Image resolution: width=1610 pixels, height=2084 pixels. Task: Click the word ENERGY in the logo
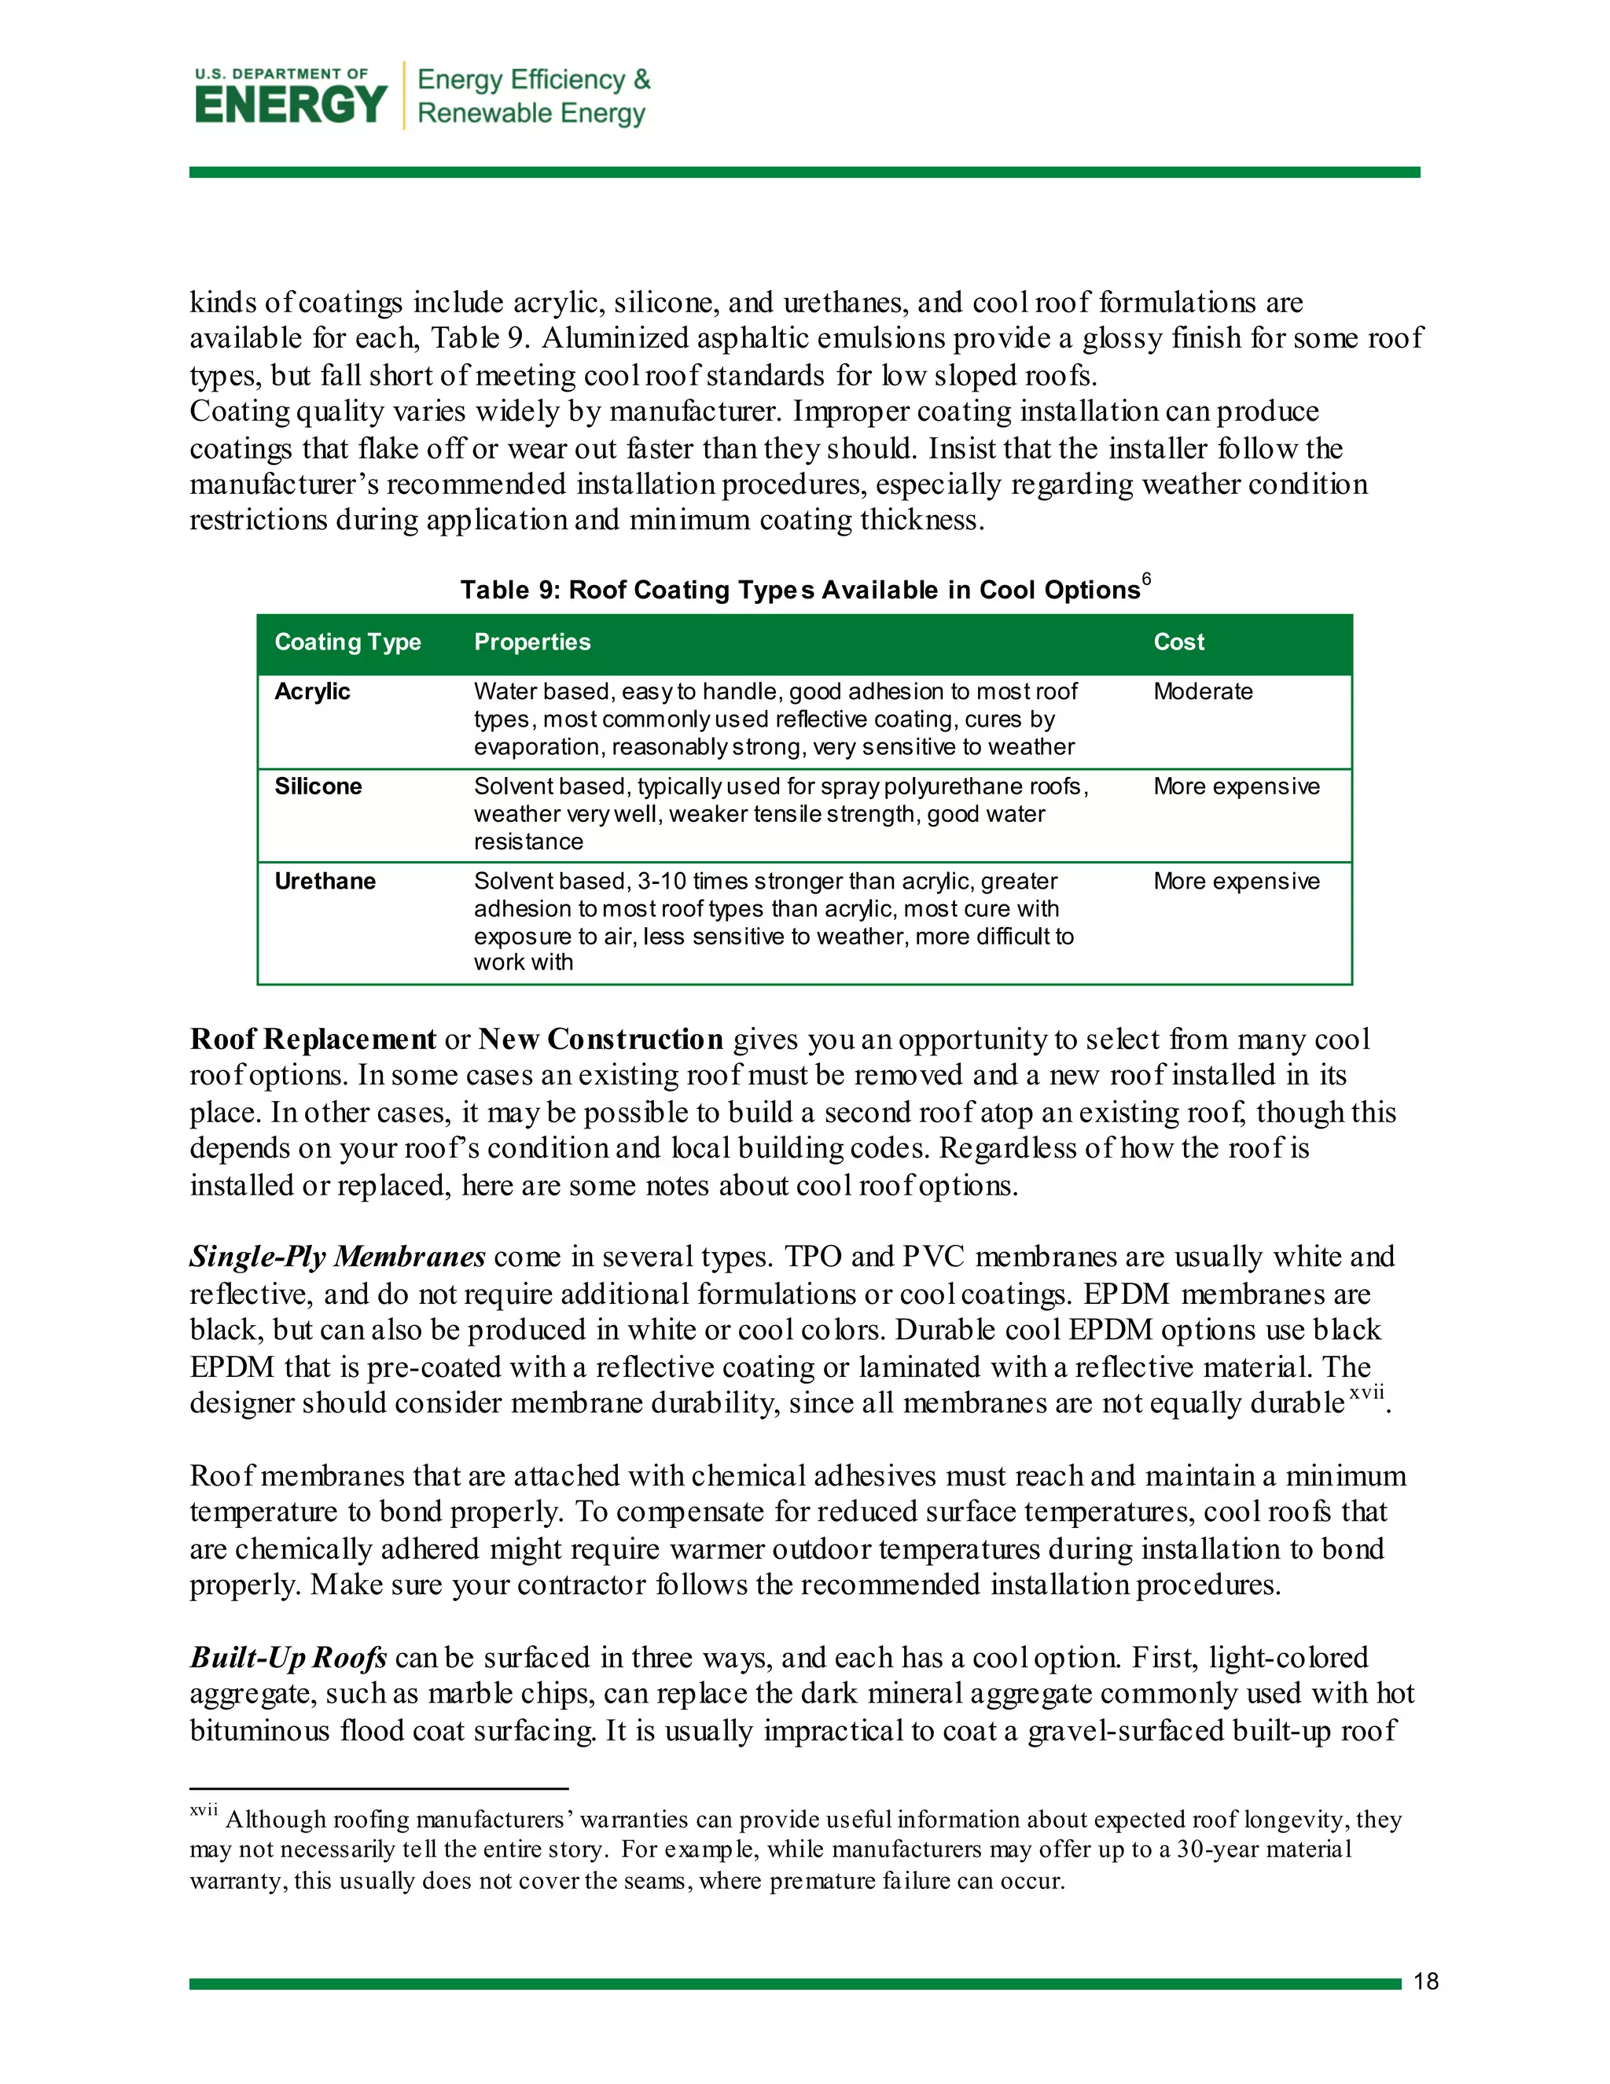(291, 105)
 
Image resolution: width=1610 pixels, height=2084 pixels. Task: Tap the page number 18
(1426, 1981)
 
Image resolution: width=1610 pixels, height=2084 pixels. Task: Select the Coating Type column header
(347, 643)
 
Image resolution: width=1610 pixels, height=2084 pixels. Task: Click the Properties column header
(532, 643)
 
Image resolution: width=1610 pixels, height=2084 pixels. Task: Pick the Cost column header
(1179, 643)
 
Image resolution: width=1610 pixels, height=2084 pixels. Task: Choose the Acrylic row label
(312, 692)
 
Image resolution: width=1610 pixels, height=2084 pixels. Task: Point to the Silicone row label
(318, 786)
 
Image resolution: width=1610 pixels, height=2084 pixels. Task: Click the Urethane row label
(325, 881)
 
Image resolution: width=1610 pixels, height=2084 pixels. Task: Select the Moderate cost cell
(1203, 692)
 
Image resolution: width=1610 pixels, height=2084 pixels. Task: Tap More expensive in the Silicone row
(1236, 786)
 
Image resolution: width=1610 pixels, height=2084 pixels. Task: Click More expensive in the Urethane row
(1236, 881)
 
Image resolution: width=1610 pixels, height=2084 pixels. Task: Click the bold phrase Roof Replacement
(313, 1039)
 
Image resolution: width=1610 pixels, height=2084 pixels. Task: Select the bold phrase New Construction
(601, 1039)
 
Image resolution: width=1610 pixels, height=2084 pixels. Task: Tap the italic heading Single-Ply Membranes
(337, 1257)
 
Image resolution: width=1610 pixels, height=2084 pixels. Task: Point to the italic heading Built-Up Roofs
(288, 1658)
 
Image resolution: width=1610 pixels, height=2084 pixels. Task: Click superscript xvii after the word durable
(1366, 1394)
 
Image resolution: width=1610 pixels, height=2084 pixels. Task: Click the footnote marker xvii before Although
(203, 1810)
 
